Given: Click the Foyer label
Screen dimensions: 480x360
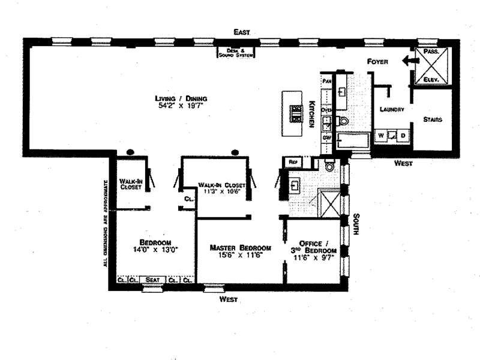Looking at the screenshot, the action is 378,62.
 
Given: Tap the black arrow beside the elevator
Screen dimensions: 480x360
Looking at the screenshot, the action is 411,60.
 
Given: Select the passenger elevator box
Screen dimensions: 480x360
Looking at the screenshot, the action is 432,65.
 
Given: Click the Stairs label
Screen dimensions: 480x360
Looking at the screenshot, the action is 432,119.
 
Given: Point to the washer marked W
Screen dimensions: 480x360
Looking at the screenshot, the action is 381,136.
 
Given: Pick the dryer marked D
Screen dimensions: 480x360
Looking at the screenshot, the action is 403,136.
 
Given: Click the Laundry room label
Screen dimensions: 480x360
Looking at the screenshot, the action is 392,109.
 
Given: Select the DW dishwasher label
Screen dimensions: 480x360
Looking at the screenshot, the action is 327,138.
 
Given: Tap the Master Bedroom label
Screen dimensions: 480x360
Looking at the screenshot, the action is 240,247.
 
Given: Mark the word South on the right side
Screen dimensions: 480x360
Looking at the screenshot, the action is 355,224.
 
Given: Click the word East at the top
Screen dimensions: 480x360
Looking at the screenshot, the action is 242,32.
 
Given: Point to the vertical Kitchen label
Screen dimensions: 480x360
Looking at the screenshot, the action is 312,113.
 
